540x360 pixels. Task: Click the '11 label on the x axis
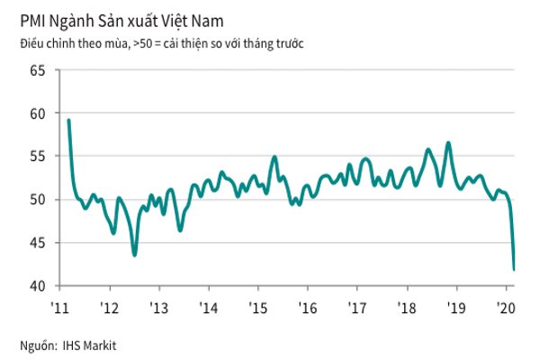60,306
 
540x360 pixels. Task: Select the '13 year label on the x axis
158,306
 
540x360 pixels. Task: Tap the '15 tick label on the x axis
257,306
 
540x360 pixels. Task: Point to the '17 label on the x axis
356,306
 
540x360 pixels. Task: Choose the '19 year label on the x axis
455,306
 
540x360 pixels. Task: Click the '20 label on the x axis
505,306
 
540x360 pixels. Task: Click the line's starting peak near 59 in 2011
69,121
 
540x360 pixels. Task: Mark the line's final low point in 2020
514,269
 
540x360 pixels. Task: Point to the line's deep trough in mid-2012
135,256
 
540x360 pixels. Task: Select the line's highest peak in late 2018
448,142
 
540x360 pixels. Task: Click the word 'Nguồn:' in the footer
37,345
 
